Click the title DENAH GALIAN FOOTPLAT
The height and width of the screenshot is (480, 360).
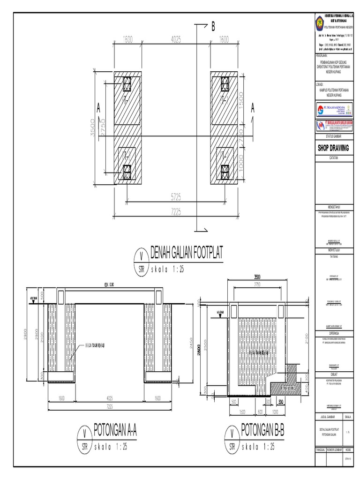point(187,254)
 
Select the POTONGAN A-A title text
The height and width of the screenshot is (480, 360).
point(117,429)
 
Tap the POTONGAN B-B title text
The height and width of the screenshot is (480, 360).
point(263,429)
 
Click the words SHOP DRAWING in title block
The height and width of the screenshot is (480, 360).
point(333,148)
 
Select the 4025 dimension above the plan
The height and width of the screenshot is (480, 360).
point(175,40)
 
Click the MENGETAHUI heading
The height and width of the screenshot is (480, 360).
point(333,206)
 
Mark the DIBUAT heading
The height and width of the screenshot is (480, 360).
point(333,374)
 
